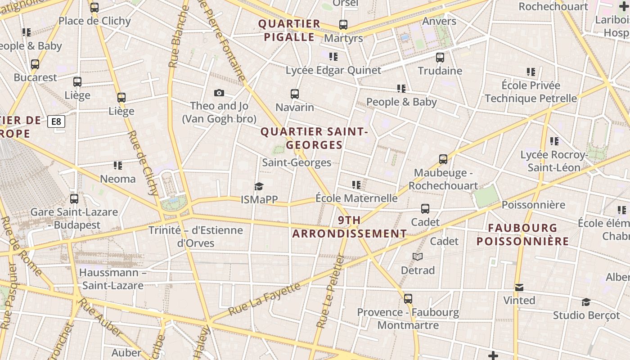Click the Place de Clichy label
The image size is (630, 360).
click(x=94, y=21)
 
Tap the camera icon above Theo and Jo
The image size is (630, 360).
click(x=219, y=93)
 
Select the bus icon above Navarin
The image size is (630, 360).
click(x=295, y=94)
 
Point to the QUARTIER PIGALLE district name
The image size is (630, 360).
click(x=289, y=30)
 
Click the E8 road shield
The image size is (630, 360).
click(x=56, y=121)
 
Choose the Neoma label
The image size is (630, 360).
click(x=117, y=179)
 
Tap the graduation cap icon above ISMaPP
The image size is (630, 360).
click(x=259, y=186)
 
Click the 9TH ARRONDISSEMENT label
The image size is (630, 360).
click(x=349, y=227)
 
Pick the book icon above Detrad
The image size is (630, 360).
click(x=418, y=257)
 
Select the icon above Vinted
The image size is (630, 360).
click(x=519, y=287)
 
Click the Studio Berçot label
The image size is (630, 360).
click(x=586, y=315)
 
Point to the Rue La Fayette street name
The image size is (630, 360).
click(x=264, y=299)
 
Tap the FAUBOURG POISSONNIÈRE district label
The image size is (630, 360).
click(x=522, y=234)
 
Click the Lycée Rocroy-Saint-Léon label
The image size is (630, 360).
click(x=554, y=161)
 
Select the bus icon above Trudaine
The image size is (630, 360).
click(x=440, y=58)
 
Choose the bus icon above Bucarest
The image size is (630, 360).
click(x=35, y=64)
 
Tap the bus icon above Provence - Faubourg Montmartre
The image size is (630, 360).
click(x=408, y=299)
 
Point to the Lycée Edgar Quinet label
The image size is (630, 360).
click(x=333, y=70)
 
